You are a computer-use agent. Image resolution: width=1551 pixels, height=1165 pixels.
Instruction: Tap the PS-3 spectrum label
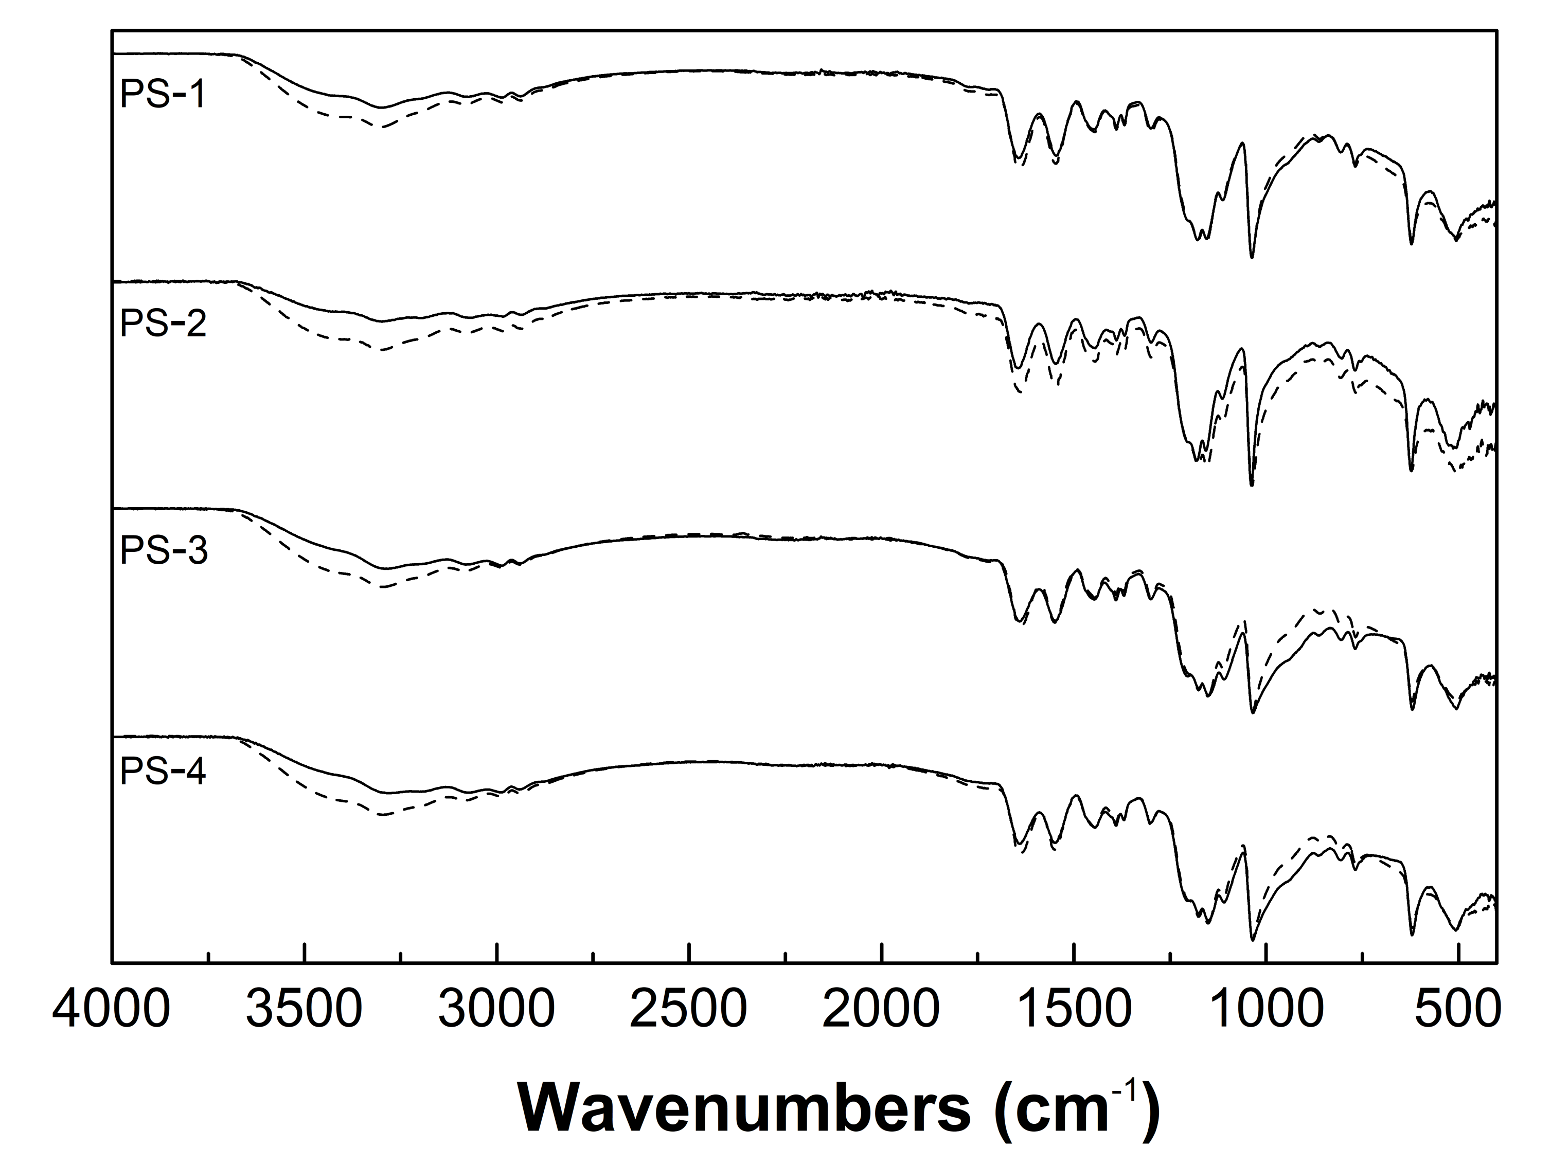pyautogui.click(x=164, y=551)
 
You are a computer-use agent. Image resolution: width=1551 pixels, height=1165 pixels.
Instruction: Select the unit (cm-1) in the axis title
pyautogui.click(x=1080, y=1109)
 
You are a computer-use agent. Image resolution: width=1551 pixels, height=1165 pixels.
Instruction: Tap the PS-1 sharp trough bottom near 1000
pyautogui.click(x=1252, y=257)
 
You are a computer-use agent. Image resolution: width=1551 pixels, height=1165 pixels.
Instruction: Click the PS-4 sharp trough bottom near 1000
pyautogui.click(x=1252, y=939)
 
